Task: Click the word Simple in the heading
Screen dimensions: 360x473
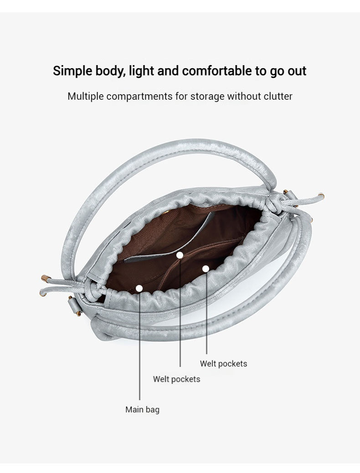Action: (x=72, y=71)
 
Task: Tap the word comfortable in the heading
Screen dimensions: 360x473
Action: (x=217, y=71)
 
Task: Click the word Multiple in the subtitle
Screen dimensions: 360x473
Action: (x=86, y=97)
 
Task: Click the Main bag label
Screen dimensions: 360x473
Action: (x=142, y=410)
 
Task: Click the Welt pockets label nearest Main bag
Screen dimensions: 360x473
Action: (x=176, y=379)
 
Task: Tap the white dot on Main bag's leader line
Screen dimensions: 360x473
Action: (x=139, y=288)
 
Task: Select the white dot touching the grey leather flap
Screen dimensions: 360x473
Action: (x=180, y=255)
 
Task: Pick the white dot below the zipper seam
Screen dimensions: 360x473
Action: (x=206, y=269)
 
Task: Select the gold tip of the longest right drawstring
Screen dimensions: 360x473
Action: (x=321, y=196)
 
